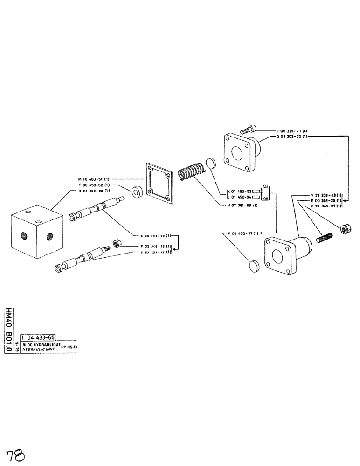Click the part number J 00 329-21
tap(290, 131)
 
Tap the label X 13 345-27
tap(326, 206)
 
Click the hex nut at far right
tap(345, 228)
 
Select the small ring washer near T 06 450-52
tap(138, 191)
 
